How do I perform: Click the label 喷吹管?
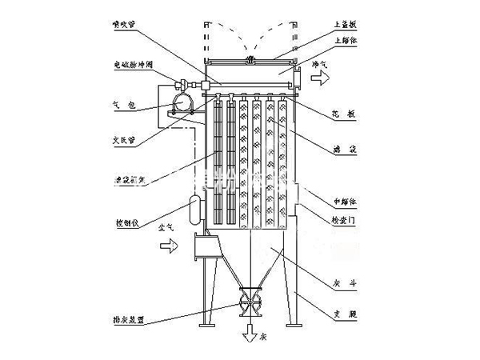point(126,25)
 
